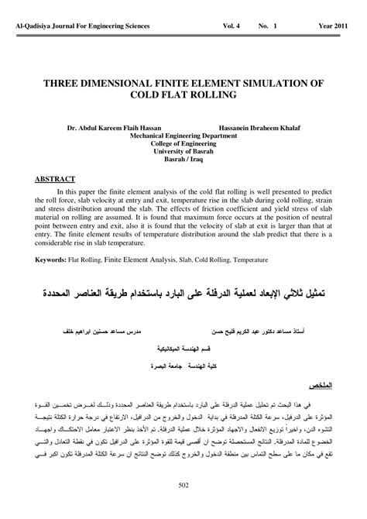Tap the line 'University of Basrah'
click(183, 150)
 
